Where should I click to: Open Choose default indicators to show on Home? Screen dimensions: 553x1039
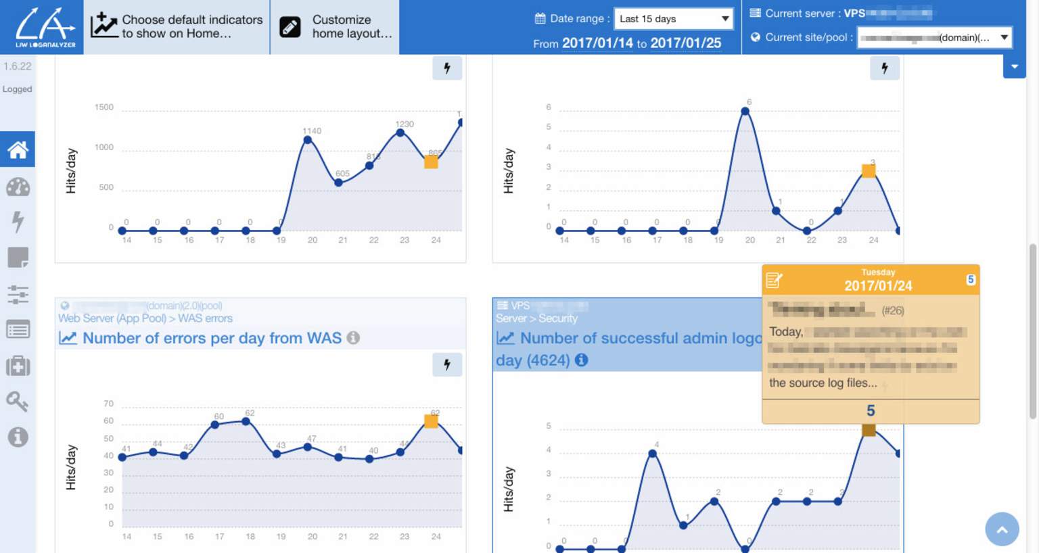pos(177,27)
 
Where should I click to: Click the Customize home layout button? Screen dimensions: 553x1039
pos(335,27)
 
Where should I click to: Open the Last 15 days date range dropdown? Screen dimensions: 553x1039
pos(674,19)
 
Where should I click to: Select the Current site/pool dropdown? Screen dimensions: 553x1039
pos(934,38)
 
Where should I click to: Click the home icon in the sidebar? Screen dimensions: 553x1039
pos(18,149)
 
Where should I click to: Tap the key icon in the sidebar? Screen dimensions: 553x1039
pos(18,402)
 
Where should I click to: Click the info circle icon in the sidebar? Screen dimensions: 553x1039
pos(18,437)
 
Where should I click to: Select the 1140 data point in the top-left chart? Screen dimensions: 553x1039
pos(308,140)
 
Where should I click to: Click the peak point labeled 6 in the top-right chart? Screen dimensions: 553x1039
pos(745,112)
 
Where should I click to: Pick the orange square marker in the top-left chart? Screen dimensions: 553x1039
pos(431,162)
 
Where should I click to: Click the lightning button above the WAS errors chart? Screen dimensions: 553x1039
pos(447,365)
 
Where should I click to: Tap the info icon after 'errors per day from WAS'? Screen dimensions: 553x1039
pos(353,338)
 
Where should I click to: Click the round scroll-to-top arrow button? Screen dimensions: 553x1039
pos(1002,529)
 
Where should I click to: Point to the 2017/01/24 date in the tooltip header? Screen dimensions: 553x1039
pos(877,286)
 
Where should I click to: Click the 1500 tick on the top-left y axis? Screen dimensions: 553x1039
pos(104,107)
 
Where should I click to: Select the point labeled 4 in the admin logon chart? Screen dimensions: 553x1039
pos(653,454)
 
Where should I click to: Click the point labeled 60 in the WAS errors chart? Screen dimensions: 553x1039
pos(215,425)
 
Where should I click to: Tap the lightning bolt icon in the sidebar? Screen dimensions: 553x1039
pos(18,221)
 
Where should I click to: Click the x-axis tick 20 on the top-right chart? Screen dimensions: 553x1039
pos(749,240)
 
